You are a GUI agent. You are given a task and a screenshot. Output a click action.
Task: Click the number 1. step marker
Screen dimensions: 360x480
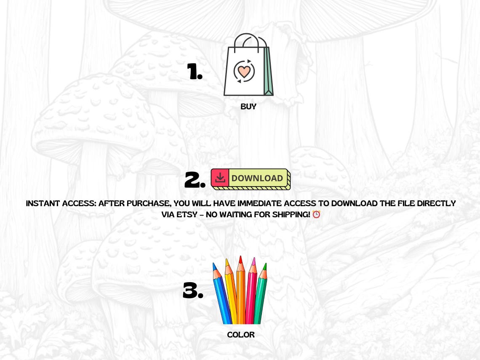195,72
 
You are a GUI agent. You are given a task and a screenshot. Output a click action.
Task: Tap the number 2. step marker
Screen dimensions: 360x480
195,180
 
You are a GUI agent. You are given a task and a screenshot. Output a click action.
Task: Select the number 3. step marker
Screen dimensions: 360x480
193,291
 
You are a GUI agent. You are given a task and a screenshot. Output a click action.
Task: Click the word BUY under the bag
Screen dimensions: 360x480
248,107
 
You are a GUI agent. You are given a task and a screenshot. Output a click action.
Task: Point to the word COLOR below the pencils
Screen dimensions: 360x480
241,335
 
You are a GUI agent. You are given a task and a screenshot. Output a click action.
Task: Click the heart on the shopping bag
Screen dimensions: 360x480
244,71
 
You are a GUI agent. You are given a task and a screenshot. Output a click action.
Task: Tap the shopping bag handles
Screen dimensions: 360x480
251,41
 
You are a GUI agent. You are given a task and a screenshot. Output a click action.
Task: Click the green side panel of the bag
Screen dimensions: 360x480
268,72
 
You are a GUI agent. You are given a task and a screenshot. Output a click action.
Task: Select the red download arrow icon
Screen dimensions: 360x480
220,178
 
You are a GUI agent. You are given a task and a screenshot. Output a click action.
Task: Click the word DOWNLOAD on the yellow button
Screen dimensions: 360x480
257,178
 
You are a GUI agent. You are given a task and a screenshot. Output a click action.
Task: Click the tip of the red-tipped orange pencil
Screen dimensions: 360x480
240,259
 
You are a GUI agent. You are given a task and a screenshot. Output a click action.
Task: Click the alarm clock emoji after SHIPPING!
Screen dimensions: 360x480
316,214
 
